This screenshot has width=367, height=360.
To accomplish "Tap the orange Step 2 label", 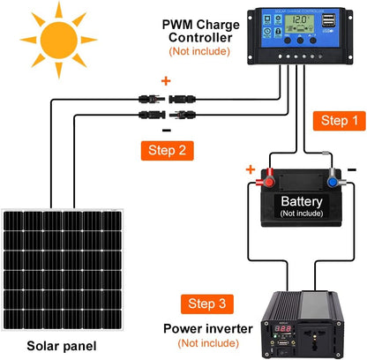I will [166, 149].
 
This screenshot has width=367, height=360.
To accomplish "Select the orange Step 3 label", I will [209, 305].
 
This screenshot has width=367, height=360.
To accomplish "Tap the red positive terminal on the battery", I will [264, 183].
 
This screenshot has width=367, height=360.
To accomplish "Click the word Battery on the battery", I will [302, 202].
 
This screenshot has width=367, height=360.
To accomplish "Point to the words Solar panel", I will [61, 346].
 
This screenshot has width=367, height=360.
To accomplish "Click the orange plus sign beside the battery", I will [251, 169].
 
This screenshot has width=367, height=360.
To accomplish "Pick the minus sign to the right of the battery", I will [351, 169].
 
